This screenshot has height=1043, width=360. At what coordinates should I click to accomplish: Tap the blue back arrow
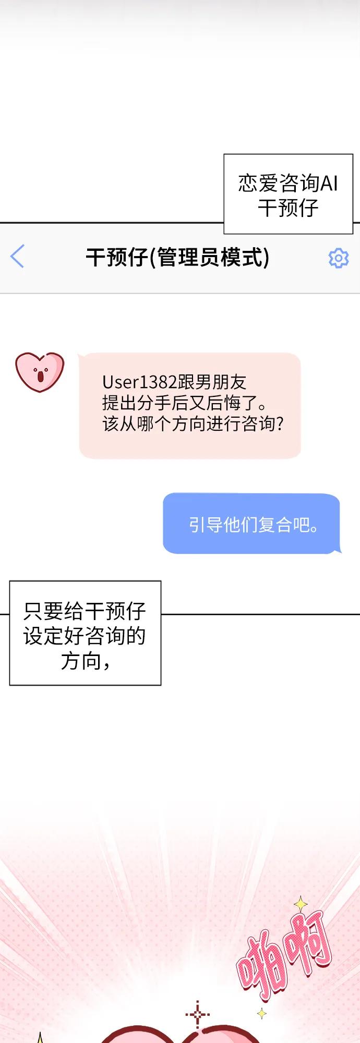17,256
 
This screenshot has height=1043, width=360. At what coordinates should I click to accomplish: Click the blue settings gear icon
338,258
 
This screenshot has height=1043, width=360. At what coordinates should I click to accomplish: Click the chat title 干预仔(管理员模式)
177,257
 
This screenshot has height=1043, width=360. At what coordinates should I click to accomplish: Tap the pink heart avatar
40,372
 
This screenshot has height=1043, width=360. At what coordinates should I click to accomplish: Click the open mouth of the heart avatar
40,376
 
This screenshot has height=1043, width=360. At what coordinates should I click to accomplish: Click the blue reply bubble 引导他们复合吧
251,524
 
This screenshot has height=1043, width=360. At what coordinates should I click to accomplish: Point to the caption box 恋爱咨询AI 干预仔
288,194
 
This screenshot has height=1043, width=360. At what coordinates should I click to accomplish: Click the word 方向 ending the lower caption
81,661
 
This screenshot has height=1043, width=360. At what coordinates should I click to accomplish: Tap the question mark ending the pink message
280,423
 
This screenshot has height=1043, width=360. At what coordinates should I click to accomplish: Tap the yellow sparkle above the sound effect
301,904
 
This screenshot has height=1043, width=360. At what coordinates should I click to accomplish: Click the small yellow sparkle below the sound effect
261,1013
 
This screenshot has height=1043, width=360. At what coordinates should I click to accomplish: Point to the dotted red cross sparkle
198,1015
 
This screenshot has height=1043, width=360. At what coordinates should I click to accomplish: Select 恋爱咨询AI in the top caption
288,183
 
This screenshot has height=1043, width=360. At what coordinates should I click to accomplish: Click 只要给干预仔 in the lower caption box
85,611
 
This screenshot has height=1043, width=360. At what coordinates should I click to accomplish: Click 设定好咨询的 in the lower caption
85,636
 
